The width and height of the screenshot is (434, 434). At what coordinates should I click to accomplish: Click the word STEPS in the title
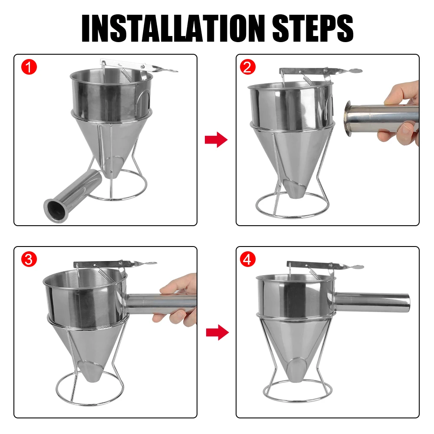pyautogui.click(x=313, y=28)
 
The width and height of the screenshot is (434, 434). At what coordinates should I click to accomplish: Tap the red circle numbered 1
pyautogui.click(x=29, y=67)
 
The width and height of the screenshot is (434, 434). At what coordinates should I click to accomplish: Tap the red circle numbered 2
pyautogui.click(x=248, y=67)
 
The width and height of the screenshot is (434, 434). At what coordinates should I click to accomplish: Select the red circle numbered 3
pyautogui.click(x=29, y=260)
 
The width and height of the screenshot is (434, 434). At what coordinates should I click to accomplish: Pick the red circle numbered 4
pyautogui.click(x=248, y=260)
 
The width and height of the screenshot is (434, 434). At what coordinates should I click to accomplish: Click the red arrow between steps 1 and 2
pyautogui.click(x=216, y=139)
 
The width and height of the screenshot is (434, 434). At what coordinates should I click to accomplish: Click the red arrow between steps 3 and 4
pyautogui.click(x=217, y=332)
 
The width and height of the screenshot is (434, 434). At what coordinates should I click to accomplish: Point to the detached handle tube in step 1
pyautogui.click(x=72, y=196)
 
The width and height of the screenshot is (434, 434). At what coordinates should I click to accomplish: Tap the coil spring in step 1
pyautogui.click(x=127, y=75)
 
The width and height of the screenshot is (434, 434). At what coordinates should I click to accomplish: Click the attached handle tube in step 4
pyautogui.click(x=372, y=302)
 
